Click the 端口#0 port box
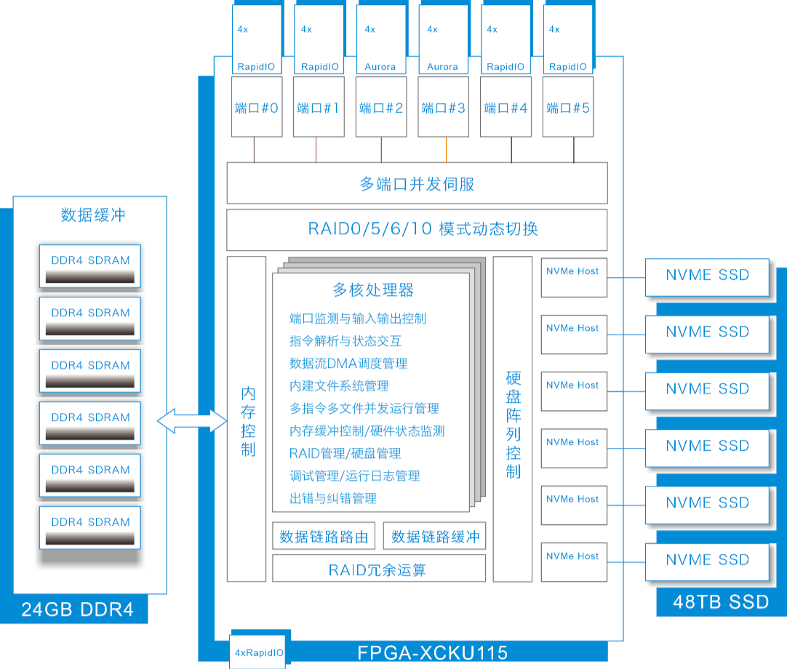(257, 106)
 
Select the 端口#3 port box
(443, 106)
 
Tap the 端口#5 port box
(568, 106)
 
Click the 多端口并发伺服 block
(417, 183)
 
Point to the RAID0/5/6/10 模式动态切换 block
(417, 229)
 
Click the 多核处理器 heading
(373, 289)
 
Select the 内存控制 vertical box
(247, 419)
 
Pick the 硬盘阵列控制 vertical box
(513, 419)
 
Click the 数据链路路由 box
(324, 536)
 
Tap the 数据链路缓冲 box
(435, 536)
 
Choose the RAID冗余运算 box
(379, 569)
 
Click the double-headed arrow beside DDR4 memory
(192, 420)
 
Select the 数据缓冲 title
(93, 215)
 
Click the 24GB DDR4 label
(77, 609)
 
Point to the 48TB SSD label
(721, 602)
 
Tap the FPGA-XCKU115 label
(432, 653)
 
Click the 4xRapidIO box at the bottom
(258, 652)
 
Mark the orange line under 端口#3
(446, 150)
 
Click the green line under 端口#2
(381, 150)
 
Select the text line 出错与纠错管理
(333, 498)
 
